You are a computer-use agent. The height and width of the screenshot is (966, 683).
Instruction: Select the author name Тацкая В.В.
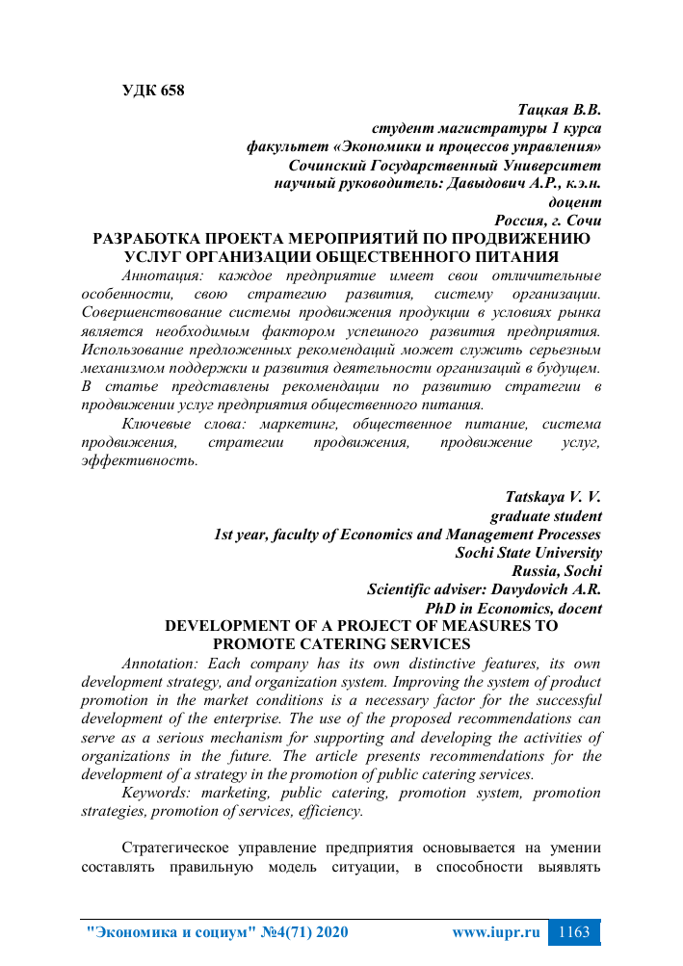point(560,110)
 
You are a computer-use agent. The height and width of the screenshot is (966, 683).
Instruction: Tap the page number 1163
point(573,932)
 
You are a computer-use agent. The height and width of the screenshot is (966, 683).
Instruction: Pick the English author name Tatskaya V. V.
point(553,498)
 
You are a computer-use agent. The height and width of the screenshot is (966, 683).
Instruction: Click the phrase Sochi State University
point(528,553)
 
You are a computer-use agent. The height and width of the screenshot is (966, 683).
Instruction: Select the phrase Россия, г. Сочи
point(547,220)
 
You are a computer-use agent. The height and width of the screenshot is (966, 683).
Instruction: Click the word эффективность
point(140,460)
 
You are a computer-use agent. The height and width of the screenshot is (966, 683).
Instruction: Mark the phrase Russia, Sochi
point(558,571)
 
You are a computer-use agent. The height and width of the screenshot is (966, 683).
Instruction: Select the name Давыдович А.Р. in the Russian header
point(498,183)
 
